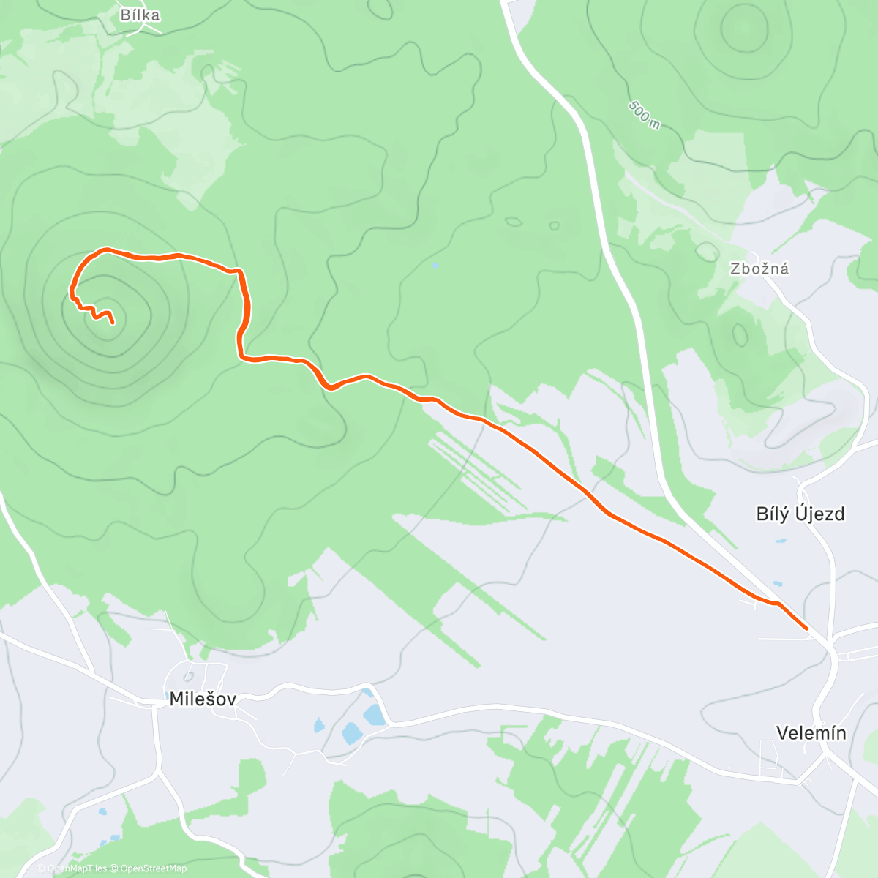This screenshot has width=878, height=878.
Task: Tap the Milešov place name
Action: click(x=203, y=699)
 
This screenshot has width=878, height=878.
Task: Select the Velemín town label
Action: click(x=811, y=733)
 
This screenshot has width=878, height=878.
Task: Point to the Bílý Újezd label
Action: click(x=800, y=514)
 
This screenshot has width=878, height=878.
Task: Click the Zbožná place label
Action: click(x=759, y=269)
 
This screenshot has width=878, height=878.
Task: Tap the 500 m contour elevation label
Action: click(x=644, y=115)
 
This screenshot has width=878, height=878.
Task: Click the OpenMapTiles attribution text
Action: click(x=77, y=868)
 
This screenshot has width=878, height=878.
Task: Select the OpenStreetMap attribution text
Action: click(x=153, y=868)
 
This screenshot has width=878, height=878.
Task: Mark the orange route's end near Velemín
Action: click(x=806, y=628)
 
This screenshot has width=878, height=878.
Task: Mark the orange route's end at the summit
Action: click(x=113, y=322)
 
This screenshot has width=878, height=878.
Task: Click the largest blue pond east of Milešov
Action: click(x=351, y=732)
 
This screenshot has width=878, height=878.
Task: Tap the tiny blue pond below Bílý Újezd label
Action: click(x=781, y=541)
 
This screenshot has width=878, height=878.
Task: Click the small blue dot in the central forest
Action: click(x=435, y=265)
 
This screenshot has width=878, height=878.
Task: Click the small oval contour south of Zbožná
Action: click(x=740, y=336)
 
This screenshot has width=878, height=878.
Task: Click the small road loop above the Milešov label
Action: click(x=188, y=674)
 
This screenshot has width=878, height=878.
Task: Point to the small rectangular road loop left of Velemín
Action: click(x=768, y=757)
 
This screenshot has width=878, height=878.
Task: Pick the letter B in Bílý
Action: click(x=762, y=514)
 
